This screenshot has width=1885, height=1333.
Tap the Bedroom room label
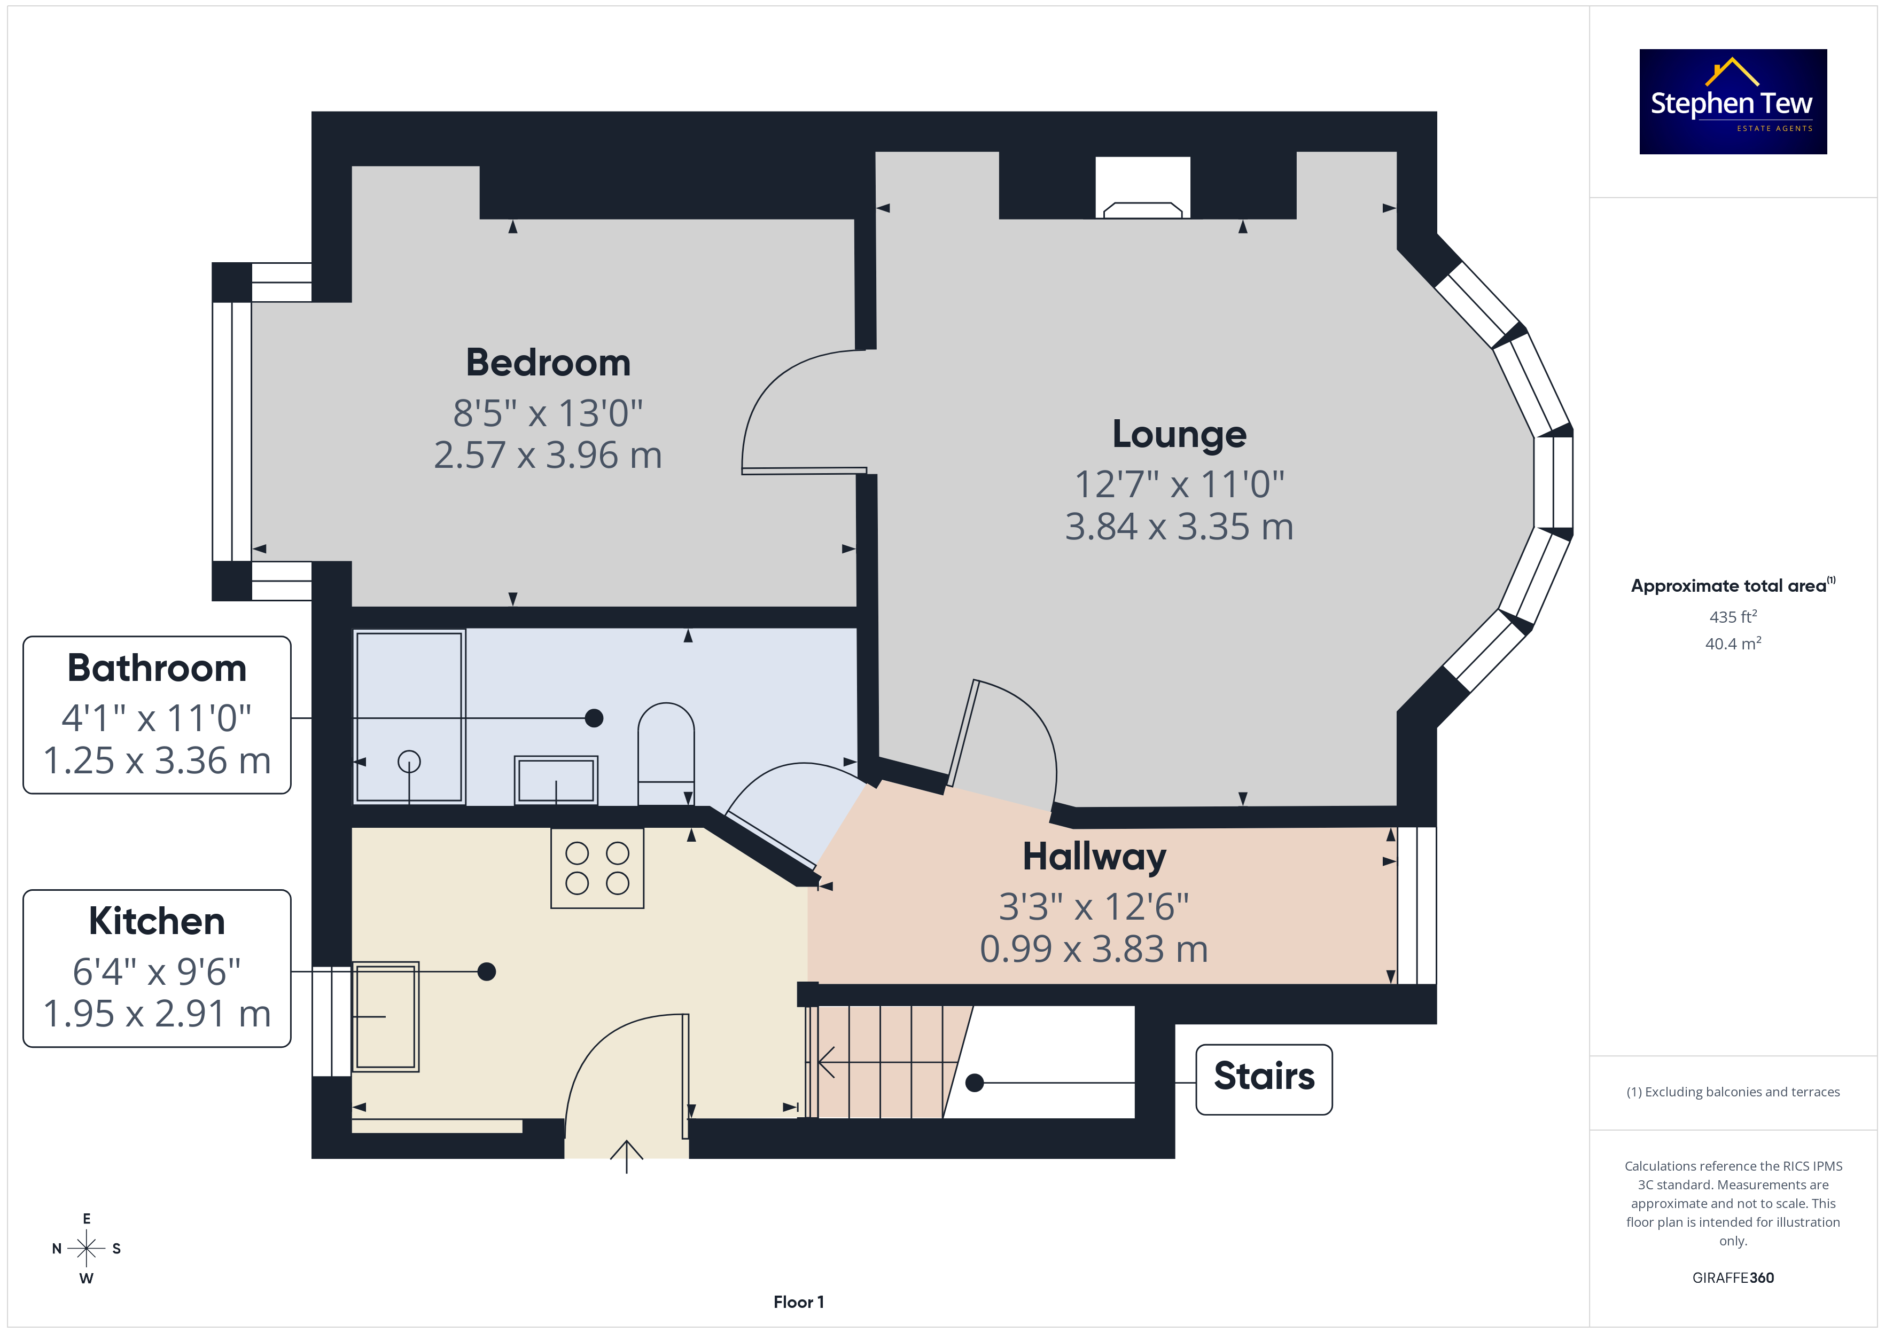(548, 363)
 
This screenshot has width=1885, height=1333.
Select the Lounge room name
(1179, 434)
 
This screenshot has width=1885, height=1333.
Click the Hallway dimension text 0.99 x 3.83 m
(1094, 949)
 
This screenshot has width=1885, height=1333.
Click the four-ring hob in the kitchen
(597, 868)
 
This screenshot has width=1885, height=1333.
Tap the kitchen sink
(385, 1017)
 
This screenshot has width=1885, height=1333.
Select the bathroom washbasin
(556, 780)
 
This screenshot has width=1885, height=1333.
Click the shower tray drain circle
(409, 762)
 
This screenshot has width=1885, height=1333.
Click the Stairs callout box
(1264, 1079)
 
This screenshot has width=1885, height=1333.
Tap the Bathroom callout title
(157, 668)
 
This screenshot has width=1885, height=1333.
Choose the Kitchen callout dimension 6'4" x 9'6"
(157, 972)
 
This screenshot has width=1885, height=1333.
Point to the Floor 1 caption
(798, 1302)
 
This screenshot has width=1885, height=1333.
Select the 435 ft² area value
(1733, 616)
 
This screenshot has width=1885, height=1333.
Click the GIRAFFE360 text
(1733, 1277)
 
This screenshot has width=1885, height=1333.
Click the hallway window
(1417, 905)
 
